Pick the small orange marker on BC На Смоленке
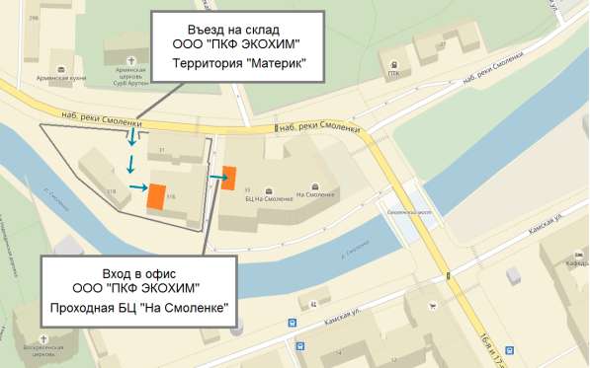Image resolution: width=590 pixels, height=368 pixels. (228, 179)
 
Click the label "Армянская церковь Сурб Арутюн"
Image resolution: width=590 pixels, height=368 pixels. (127, 76)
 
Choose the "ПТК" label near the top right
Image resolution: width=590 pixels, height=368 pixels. (393, 73)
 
